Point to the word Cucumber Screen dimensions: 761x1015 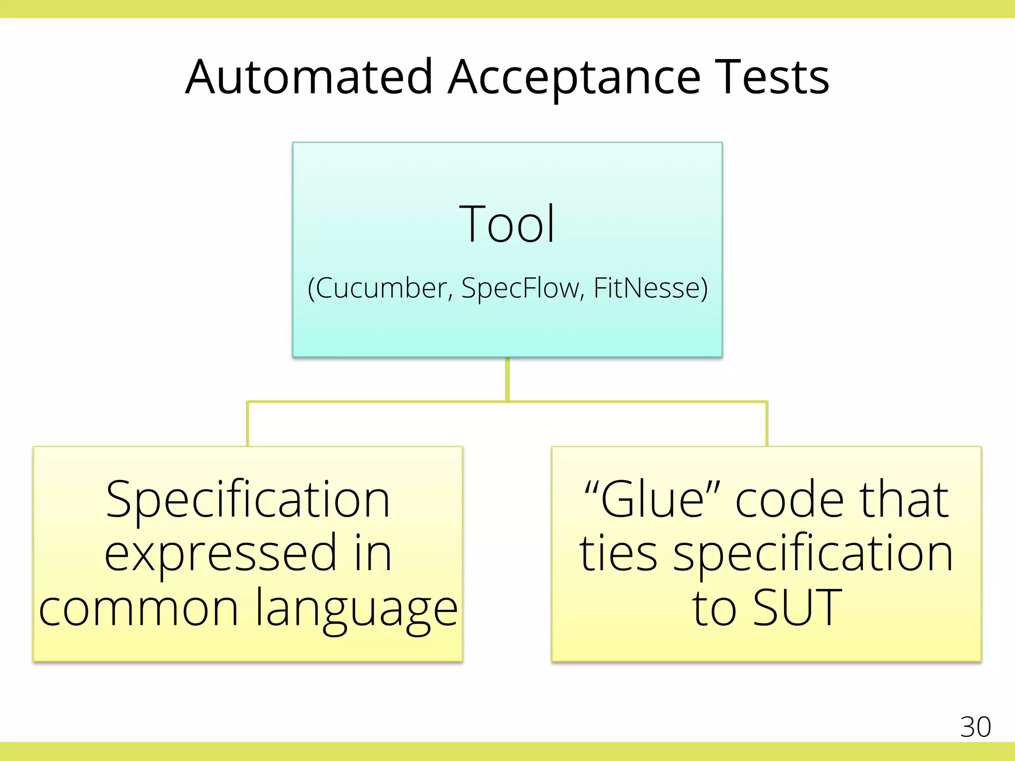tap(381, 288)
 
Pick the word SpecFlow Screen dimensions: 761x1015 tap(520, 288)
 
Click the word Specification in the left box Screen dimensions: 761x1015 tap(248, 500)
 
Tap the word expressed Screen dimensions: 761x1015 tap(221, 554)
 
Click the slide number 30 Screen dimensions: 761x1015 tap(975, 727)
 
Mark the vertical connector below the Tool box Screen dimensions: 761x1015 tap(507, 379)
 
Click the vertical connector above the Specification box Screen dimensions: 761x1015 tap(248, 424)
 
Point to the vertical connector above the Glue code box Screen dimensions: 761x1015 tap(767, 424)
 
